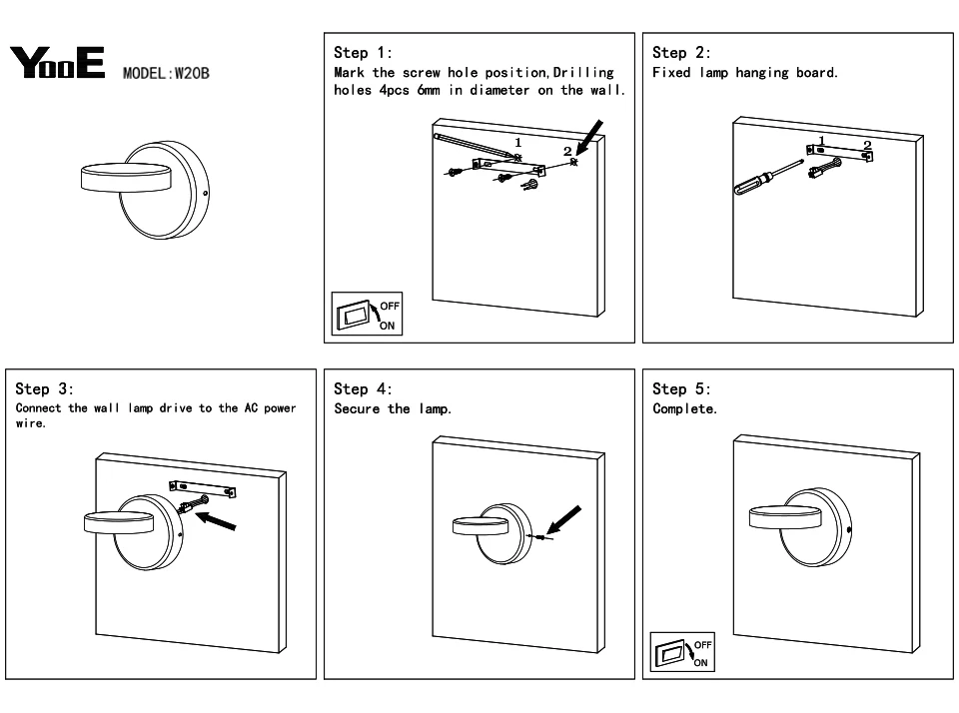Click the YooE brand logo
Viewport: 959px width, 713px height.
tap(57, 62)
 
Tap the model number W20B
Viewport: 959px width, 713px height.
tap(192, 73)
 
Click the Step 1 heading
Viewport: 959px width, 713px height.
tap(363, 53)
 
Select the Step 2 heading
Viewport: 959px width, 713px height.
tap(681, 53)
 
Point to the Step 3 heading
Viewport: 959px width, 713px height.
tap(44, 388)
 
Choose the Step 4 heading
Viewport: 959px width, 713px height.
tap(363, 388)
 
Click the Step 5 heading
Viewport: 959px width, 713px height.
tap(681, 388)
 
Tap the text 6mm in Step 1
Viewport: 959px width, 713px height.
tap(429, 91)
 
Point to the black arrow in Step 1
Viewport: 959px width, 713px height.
tap(589, 138)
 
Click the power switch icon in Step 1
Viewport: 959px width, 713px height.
tap(367, 314)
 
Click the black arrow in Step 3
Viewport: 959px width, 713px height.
tap(216, 520)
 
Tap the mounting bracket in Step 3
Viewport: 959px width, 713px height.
tap(203, 489)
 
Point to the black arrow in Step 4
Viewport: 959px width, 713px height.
tap(563, 520)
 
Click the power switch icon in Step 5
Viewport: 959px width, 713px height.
tap(682, 652)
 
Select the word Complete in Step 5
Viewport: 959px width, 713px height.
tap(684, 409)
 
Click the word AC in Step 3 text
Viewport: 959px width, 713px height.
tap(251, 407)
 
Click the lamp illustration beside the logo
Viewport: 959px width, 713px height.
tap(146, 190)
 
